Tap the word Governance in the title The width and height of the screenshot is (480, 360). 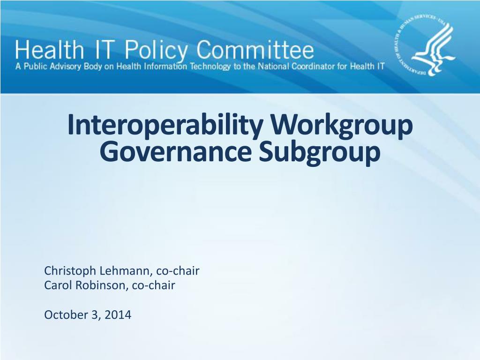pos(176,152)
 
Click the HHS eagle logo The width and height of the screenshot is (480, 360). pos(425,45)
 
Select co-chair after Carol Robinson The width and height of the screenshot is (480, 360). pos(154,285)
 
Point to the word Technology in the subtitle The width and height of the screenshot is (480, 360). pos(210,67)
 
